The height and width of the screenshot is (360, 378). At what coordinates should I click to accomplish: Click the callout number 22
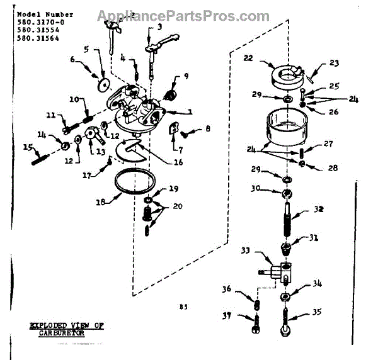[249, 58]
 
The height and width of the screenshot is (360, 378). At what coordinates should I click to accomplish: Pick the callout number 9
[186, 77]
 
